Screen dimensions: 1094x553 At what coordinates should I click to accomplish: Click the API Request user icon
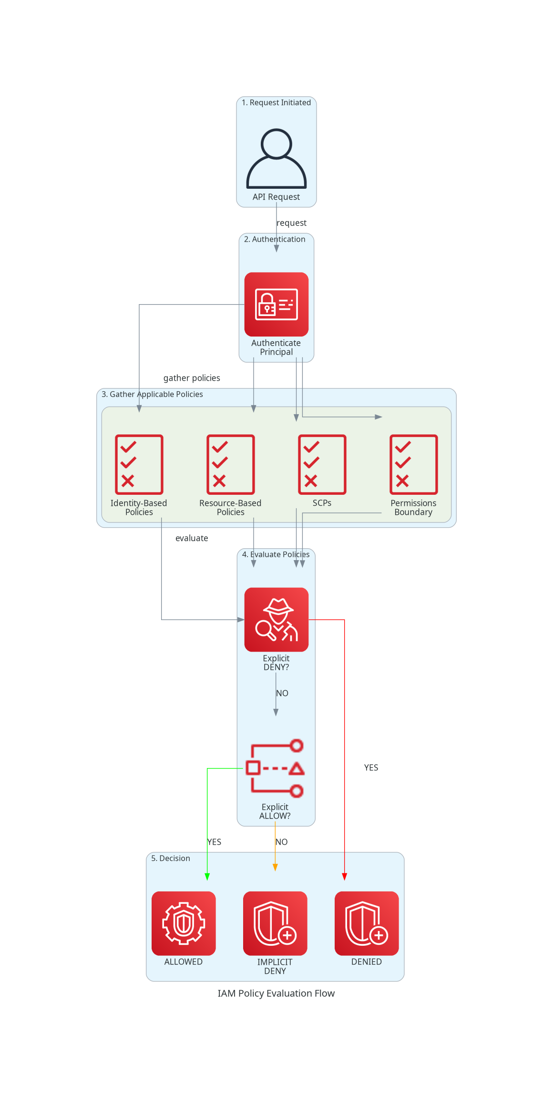click(x=276, y=159)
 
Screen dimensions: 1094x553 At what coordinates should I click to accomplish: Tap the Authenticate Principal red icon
click(x=276, y=304)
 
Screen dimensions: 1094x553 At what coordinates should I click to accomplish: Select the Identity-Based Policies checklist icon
click(x=139, y=464)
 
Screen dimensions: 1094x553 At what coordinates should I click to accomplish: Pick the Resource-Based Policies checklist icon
click(x=230, y=464)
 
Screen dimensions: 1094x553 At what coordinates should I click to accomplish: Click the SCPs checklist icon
click(x=322, y=464)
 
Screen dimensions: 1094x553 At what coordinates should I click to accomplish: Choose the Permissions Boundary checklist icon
click(x=413, y=464)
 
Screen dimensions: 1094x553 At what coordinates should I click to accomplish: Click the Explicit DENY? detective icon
click(x=276, y=619)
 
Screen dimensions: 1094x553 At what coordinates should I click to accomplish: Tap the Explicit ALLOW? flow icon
click(x=275, y=768)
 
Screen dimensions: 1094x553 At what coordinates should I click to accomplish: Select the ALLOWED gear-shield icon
click(x=184, y=923)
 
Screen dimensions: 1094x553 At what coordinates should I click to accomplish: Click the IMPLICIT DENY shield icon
click(x=275, y=923)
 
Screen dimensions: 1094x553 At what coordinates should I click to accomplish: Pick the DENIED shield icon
click(x=367, y=923)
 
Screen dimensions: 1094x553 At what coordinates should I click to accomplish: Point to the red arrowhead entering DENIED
click(x=344, y=877)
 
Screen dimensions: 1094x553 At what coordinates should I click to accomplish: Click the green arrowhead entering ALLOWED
click(x=207, y=877)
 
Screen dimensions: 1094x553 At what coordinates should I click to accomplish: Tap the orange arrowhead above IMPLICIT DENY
click(x=275, y=867)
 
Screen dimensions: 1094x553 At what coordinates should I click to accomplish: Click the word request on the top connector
click(x=291, y=223)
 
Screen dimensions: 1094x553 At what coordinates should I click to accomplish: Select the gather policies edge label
click(x=192, y=378)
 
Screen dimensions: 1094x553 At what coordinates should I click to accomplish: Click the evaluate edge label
click(x=192, y=538)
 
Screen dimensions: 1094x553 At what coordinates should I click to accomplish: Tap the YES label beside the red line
click(x=371, y=767)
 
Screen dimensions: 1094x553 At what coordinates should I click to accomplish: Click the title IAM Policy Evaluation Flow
click(x=276, y=993)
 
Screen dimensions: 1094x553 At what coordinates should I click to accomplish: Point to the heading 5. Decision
click(x=171, y=858)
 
